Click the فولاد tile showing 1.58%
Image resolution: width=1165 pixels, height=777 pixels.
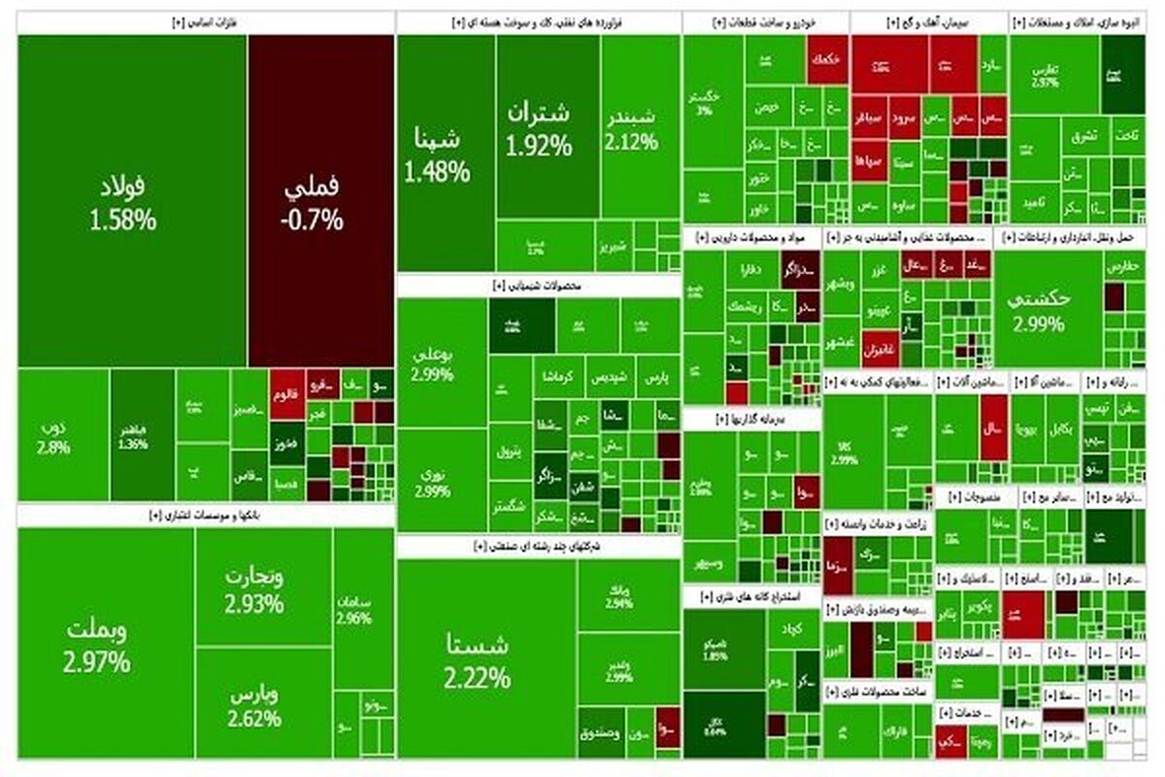(x=131, y=201)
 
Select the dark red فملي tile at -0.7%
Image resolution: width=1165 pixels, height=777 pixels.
(x=320, y=201)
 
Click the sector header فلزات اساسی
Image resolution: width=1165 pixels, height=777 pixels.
(x=207, y=21)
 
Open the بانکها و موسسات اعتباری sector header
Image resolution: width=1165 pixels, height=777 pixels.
(x=207, y=516)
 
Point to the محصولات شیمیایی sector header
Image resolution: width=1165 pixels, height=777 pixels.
(x=537, y=285)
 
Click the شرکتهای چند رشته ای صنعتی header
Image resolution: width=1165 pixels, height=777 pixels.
(x=537, y=547)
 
